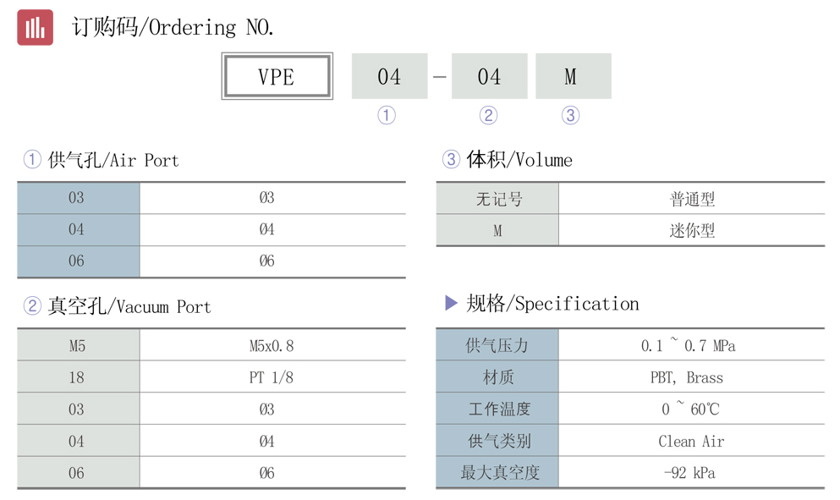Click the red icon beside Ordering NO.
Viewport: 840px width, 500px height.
coord(35,27)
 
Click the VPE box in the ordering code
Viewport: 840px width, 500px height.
coord(276,77)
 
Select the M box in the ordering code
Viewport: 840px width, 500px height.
coord(573,77)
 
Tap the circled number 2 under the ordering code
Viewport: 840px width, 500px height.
coord(488,116)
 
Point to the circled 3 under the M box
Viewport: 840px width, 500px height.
coord(571,116)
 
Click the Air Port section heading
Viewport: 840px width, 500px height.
coord(102,160)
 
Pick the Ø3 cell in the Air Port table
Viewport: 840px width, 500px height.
coord(267,198)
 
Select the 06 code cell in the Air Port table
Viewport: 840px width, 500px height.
coord(77,261)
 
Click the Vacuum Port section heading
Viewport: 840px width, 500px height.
coord(118,306)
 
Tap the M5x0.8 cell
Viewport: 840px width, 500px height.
coord(272,346)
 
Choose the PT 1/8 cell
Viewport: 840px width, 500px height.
coord(272,378)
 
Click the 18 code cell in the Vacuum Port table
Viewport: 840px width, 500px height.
coord(77,378)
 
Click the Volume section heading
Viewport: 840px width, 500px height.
coord(508,160)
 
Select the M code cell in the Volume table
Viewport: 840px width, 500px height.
coord(497,231)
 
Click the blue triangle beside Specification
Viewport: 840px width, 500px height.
coord(451,303)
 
